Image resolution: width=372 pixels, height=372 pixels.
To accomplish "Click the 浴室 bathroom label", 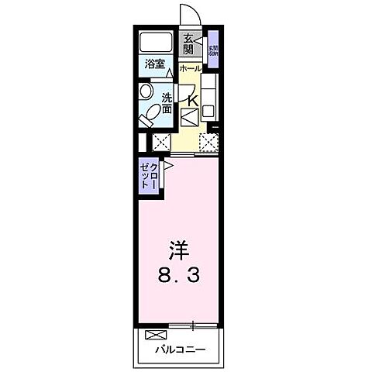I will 155,64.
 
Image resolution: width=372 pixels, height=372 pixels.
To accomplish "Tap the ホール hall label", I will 190,69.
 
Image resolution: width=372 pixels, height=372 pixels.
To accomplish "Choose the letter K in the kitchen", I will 192,98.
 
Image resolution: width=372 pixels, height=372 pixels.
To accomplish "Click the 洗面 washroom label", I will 167,102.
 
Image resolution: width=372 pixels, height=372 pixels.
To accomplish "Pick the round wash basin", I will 146,91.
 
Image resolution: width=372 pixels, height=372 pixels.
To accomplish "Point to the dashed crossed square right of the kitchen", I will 208,141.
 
